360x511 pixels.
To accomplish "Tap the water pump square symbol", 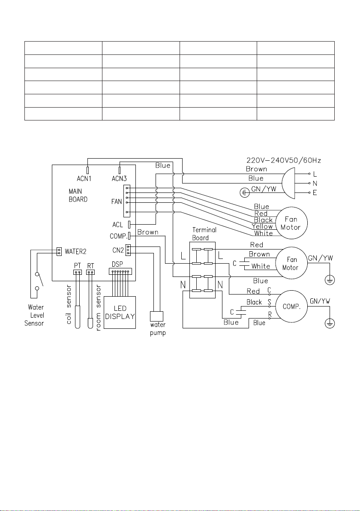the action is pyautogui.click(x=157, y=316).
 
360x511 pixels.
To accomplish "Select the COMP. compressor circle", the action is pyautogui.click(x=291, y=307).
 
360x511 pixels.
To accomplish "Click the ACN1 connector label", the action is pyautogui.click(x=84, y=178).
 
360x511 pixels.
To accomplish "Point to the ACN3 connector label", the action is pyautogui.click(x=119, y=178).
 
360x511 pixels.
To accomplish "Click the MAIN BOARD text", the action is pyautogui.click(x=78, y=195).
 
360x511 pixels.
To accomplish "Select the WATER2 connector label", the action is pyautogui.click(x=75, y=252).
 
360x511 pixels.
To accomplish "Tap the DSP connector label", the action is pyautogui.click(x=117, y=264).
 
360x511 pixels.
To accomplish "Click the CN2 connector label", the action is pyautogui.click(x=118, y=250).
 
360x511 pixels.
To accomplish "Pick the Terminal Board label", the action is pyautogui.click(x=204, y=234).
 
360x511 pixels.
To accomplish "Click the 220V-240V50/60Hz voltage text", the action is pyautogui.click(x=283, y=160).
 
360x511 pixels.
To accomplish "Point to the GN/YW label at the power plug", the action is pyautogui.click(x=264, y=189).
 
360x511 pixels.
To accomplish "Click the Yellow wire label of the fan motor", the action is pyautogui.click(x=262, y=226).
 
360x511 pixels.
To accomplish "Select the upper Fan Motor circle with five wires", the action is pyautogui.click(x=291, y=223).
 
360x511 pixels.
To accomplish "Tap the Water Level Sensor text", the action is pyautogui.click(x=34, y=315).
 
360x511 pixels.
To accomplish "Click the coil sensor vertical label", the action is pyautogui.click(x=69, y=304).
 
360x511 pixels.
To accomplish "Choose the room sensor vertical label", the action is pyautogui.click(x=99, y=308).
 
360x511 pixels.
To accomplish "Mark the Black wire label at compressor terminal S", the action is pyautogui.click(x=254, y=302).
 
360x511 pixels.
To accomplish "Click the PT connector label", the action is pyautogui.click(x=77, y=266).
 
